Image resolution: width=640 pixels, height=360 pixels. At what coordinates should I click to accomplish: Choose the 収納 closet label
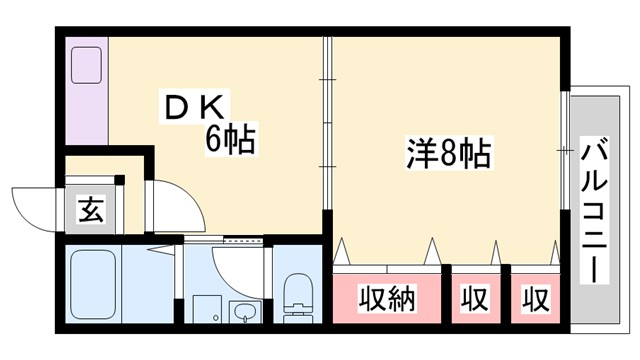tap(387, 298)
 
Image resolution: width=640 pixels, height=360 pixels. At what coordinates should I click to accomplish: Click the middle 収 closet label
tap(474, 298)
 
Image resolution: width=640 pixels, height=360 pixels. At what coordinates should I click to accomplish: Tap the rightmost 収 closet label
tap(536, 298)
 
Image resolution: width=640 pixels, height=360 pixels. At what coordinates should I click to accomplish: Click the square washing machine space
tap(206, 309)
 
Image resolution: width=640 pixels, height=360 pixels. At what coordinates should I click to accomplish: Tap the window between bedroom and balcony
tap(565, 150)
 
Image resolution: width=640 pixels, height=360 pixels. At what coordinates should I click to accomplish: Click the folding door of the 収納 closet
tap(387, 250)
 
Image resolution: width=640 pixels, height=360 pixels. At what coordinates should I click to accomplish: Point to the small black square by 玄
tap(119, 180)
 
